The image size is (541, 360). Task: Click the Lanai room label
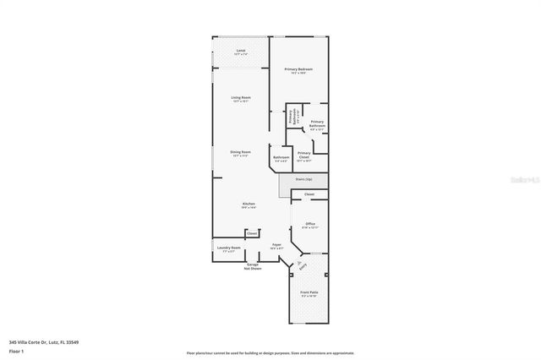pyautogui.click(x=240, y=52)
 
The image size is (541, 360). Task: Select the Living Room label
pyautogui.click(x=241, y=98)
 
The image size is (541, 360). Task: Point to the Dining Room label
pyautogui.click(x=241, y=152)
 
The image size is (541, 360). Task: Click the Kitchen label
pyautogui.click(x=249, y=204)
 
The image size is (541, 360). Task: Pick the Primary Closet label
pyautogui.click(x=304, y=155)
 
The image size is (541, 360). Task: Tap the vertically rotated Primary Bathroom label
pyautogui.click(x=292, y=118)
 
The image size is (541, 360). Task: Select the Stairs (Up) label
pyautogui.click(x=303, y=179)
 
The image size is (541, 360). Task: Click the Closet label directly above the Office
pyautogui.click(x=309, y=194)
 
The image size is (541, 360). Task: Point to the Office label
pyautogui.click(x=309, y=225)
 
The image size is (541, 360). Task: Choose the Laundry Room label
pyautogui.click(x=229, y=248)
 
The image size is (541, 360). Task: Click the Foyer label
pyautogui.click(x=276, y=246)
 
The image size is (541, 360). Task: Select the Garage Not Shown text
pyautogui.click(x=253, y=267)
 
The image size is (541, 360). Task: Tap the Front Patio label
pyautogui.click(x=309, y=294)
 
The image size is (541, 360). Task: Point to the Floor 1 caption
pyautogui.click(x=17, y=351)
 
